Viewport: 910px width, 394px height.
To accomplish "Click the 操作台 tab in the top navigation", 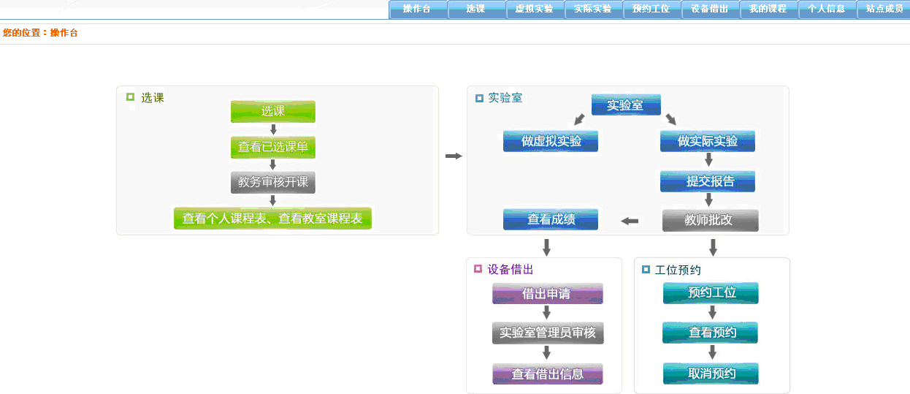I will tap(417, 10).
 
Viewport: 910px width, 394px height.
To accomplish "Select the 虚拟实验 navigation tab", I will tap(534, 10).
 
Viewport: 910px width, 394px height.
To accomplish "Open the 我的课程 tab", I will tap(768, 10).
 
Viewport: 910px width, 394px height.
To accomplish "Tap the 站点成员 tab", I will tap(884, 10).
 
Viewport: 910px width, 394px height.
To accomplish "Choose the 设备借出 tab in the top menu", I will tap(709, 10).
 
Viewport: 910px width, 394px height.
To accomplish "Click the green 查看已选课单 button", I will tap(273, 147).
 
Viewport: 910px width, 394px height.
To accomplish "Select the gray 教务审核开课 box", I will tap(273, 182).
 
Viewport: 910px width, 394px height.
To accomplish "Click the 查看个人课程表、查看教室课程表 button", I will tap(272, 219).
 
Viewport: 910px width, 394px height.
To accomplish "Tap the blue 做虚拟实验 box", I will tap(551, 141).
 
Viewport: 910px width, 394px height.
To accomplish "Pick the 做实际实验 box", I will tap(708, 141).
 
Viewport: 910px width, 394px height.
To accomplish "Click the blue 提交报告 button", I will tap(708, 181).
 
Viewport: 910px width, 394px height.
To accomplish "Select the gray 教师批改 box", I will tap(710, 220).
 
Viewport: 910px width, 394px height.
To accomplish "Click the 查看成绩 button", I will tap(551, 219).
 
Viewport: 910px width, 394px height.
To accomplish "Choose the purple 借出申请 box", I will tap(548, 294).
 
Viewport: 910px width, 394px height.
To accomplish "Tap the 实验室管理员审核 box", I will tap(548, 333).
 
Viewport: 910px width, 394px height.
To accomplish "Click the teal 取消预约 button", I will tap(711, 374).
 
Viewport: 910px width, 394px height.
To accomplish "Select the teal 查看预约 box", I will tap(711, 333).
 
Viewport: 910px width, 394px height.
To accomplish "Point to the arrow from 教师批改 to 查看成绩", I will tap(630, 221).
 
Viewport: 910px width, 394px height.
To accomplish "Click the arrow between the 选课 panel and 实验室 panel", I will tap(454, 156).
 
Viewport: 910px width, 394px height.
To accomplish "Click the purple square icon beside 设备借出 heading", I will tap(478, 269).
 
